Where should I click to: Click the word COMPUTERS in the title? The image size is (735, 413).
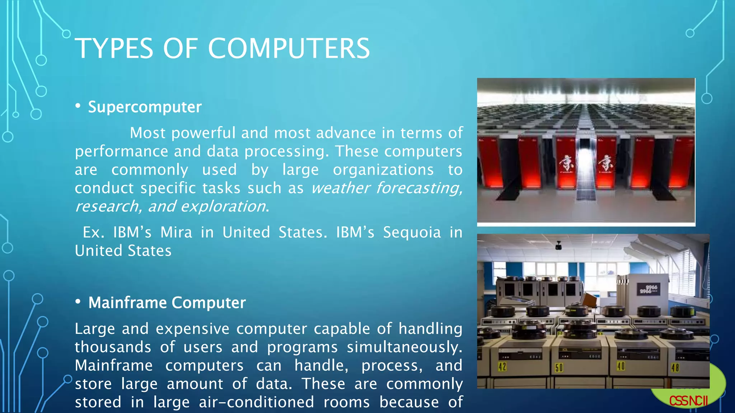click(x=289, y=48)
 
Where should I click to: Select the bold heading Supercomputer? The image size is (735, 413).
click(x=145, y=107)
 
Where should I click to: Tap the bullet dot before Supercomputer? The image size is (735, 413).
click(x=78, y=106)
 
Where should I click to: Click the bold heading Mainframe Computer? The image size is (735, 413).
click(x=167, y=303)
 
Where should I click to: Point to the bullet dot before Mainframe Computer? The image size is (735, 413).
click(x=78, y=302)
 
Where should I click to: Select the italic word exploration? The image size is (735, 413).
click(x=223, y=206)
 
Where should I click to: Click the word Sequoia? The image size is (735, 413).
click(x=412, y=233)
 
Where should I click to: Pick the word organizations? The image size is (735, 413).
click(x=383, y=170)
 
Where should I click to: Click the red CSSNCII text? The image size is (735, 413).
click(x=688, y=401)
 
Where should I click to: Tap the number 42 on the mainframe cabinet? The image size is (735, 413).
click(x=502, y=367)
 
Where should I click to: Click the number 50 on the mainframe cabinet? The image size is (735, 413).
click(x=559, y=368)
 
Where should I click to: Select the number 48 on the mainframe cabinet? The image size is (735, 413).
click(x=675, y=368)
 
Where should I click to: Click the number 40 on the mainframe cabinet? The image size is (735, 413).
click(x=621, y=366)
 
